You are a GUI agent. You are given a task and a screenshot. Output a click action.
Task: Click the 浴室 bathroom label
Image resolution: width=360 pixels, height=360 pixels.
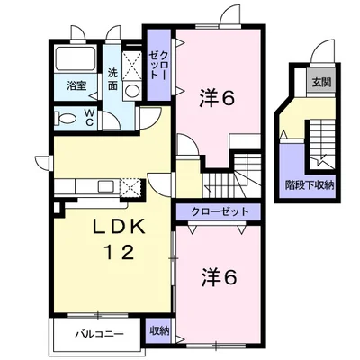[76, 86]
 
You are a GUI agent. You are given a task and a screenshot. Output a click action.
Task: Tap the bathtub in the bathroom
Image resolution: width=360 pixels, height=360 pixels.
[76, 58]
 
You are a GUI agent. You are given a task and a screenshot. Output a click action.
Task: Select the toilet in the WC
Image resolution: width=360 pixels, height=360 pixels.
[66, 119]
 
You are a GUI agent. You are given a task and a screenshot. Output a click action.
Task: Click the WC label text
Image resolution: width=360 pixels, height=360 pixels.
[89, 118]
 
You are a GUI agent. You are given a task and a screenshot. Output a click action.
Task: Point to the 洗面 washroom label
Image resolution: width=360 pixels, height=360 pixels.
[112, 79]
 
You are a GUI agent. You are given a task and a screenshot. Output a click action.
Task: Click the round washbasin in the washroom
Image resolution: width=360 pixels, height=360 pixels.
[131, 91]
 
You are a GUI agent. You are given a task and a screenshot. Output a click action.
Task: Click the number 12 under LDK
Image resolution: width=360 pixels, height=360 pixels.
[119, 252]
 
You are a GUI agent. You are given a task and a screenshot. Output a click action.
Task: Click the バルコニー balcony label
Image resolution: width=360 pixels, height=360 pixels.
[99, 334]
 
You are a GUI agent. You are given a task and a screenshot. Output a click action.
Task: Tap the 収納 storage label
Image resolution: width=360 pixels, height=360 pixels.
[159, 331]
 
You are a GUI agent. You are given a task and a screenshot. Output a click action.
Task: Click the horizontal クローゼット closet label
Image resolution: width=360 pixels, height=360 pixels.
[220, 211]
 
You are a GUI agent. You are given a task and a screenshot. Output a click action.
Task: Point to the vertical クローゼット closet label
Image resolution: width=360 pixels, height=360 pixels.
[158, 65]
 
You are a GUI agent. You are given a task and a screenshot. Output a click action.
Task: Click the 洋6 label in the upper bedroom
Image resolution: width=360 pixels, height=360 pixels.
[217, 99]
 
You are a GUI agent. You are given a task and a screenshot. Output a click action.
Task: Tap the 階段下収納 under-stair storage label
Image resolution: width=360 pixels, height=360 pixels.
[310, 185]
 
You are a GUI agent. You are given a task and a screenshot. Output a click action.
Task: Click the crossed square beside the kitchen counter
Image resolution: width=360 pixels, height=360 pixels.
[130, 187]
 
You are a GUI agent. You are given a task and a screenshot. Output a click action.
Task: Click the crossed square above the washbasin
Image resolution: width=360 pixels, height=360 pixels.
[131, 66]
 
